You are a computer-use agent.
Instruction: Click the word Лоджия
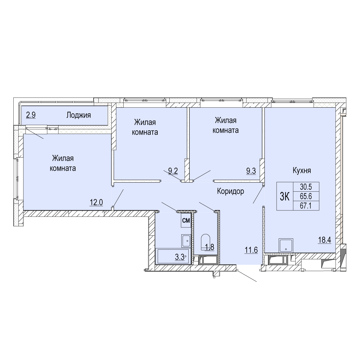[79, 115]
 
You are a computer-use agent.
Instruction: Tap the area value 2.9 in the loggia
[31, 115]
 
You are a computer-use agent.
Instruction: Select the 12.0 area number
[96, 203]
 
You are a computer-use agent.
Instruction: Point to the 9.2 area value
[173, 171]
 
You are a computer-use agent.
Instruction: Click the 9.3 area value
[251, 171]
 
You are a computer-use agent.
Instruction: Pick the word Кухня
[302, 170]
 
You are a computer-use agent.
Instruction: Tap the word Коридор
[231, 191]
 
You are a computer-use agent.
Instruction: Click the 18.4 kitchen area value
[324, 240]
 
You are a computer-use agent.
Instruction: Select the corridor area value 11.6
[251, 250]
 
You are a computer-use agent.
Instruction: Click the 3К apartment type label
[285, 197]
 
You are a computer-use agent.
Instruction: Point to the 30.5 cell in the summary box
[306, 187]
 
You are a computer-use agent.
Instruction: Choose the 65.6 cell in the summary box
[306, 196]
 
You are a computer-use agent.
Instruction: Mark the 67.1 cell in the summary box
[306, 206]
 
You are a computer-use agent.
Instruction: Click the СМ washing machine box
[186, 220]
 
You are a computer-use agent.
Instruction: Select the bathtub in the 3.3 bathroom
[173, 256]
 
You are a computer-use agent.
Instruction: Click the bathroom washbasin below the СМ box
[186, 241]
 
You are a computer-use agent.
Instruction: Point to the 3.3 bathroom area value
[180, 257]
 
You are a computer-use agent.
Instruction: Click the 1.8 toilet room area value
[209, 247]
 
